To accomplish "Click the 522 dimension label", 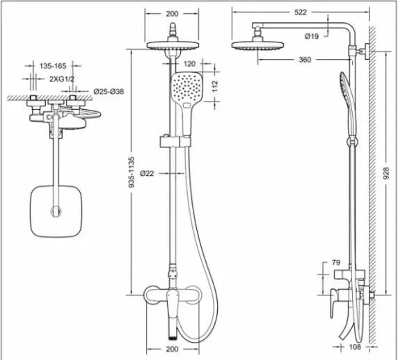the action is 301,13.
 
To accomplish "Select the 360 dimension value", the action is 305,60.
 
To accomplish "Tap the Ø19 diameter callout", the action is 312,36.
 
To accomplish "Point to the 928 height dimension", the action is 385,173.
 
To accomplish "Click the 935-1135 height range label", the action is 132,172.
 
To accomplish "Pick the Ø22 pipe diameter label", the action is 147,174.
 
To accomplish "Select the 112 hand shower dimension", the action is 215,86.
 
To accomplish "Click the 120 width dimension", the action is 190,64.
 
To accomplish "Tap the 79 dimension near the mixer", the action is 336,263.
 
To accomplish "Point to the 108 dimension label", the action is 355,347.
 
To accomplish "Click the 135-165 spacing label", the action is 53,66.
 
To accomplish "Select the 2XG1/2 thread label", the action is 62,79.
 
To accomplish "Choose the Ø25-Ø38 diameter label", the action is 109,92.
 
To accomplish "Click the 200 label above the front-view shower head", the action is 172,14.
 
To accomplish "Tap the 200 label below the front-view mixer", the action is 172,349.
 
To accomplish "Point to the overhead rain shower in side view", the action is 257,45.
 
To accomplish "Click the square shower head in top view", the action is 56,211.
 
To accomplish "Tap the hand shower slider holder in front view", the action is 175,142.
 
